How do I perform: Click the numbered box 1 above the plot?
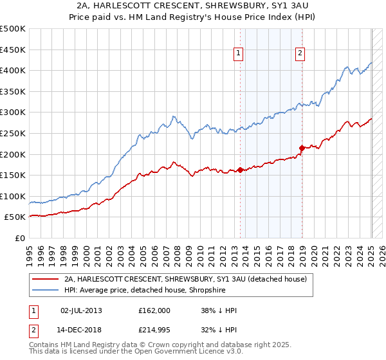click(239, 53)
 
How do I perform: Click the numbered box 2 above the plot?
click(300, 53)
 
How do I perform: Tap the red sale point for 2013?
click(240, 170)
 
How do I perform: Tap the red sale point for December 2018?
click(302, 148)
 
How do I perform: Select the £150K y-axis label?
click(12, 175)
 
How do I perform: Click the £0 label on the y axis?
click(19, 238)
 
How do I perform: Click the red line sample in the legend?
click(46, 279)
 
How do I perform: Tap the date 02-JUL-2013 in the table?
click(81, 310)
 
